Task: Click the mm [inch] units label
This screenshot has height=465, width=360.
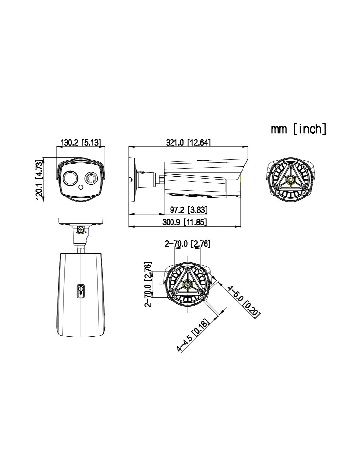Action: pos(298,129)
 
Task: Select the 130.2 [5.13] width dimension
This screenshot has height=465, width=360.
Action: pos(81,142)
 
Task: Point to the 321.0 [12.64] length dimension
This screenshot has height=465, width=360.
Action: pos(188,142)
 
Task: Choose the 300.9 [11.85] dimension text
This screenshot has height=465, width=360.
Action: pos(185,222)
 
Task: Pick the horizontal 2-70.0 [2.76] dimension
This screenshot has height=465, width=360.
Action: pos(188,244)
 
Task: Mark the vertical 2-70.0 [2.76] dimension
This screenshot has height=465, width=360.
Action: pos(148,284)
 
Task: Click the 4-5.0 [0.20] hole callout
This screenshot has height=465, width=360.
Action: pos(244,302)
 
